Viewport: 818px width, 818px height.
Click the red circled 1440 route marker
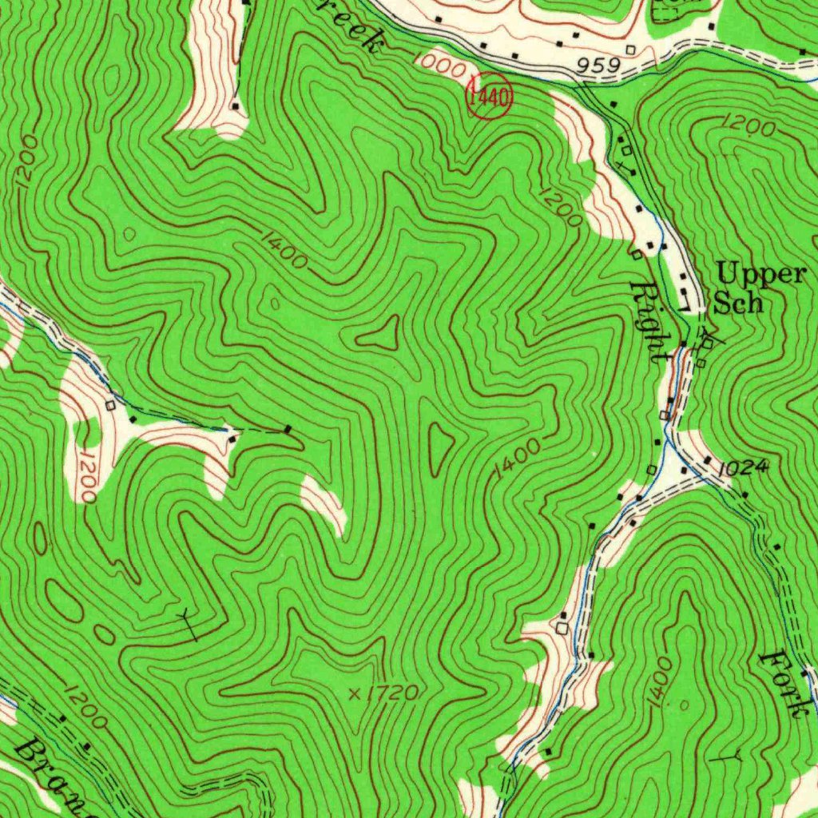coord(489,97)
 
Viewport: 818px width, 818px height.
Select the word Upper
coord(760,274)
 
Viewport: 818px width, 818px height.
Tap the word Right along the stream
coord(649,323)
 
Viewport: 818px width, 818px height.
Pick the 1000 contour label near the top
coord(440,66)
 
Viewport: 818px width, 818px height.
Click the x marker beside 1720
coord(355,694)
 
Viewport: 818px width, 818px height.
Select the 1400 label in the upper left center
coord(284,249)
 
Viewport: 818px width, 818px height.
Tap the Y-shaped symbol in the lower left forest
coord(188,622)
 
